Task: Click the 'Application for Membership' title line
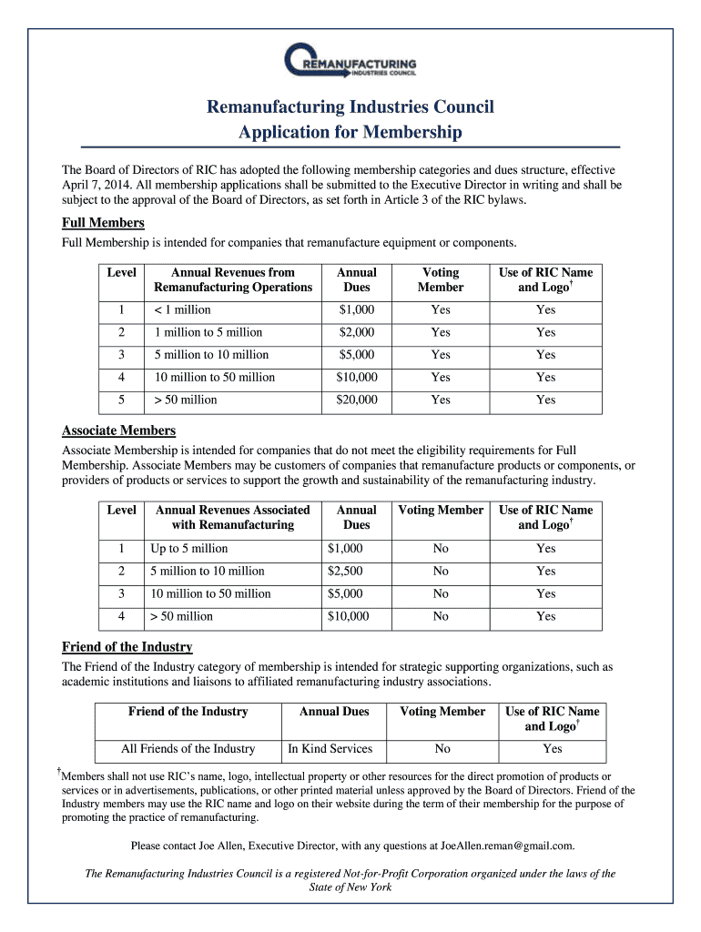coord(350,133)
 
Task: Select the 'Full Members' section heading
coord(103,223)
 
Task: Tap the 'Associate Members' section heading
coord(118,431)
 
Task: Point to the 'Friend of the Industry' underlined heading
coord(127,647)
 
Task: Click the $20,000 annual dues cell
coord(356,400)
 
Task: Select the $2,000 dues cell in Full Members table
coord(356,332)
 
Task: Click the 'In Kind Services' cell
coord(330,749)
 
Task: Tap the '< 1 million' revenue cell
coord(182,309)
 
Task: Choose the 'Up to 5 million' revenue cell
coord(189,548)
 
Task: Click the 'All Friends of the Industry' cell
coord(188,749)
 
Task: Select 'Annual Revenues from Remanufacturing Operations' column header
coord(233,279)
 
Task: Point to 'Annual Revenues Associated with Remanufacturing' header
coord(233,517)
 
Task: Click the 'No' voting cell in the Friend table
coord(442,749)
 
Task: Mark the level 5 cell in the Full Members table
coord(121,400)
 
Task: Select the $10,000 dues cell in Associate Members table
coord(348,616)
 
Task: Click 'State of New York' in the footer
coord(350,887)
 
